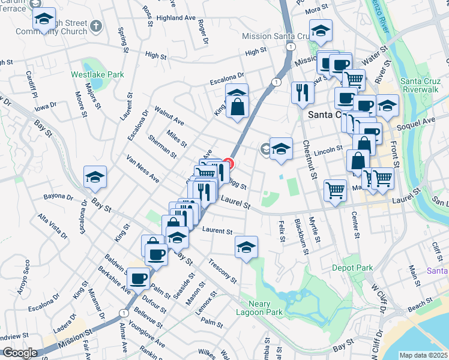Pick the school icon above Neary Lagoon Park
[x=246, y=247]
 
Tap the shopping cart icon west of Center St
[x=336, y=190]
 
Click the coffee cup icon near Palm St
[x=139, y=278]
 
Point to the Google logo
[x=20, y=353]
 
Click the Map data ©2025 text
[x=423, y=355]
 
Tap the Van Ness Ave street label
[x=142, y=169]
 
